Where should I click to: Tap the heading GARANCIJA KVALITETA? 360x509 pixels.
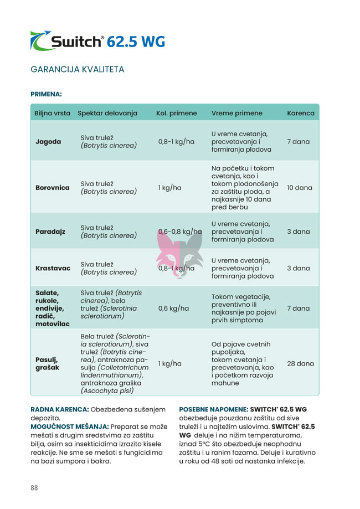(x=78, y=70)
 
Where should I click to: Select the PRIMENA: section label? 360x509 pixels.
(x=46, y=94)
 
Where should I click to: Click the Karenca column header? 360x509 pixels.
(x=301, y=113)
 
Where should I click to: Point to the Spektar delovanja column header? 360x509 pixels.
(x=107, y=113)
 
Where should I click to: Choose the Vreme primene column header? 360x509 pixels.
(x=237, y=113)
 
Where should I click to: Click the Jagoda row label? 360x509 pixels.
(x=48, y=142)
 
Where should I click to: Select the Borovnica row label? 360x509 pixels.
(x=53, y=188)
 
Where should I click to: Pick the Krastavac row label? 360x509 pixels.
(x=53, y=268)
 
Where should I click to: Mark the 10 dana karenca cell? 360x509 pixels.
(x=300, y=188)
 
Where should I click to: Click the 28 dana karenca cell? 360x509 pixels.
(x=300, y=364)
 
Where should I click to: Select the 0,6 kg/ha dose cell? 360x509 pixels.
(x=173, y=309)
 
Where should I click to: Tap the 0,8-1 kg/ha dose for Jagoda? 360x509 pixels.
(x=176, y=142)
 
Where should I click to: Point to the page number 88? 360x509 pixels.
(x=34, y=488)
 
